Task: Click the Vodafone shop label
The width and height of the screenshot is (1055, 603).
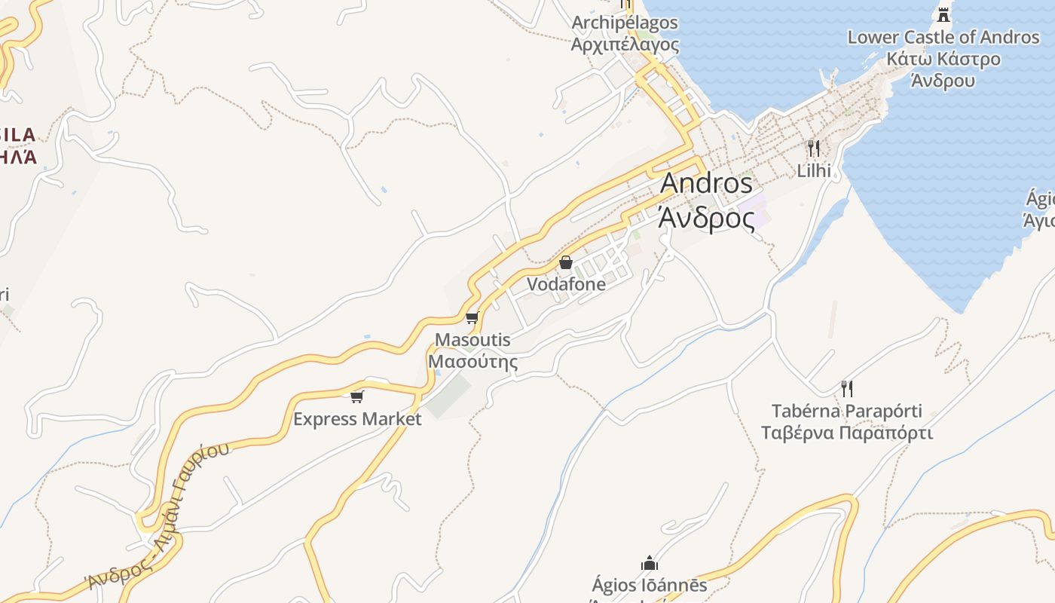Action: (x=566, y=284)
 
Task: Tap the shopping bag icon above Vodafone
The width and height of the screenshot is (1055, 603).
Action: (x=566, y=262)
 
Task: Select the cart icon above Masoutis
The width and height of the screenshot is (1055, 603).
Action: (x=472, y=317)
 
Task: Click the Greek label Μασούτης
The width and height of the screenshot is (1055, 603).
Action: (x=473, y=362)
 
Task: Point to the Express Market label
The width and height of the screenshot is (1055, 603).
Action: (x=357, y=419)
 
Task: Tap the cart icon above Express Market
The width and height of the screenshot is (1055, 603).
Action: (x=357, y=396)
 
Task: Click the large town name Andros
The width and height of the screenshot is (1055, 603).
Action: (x=706, y=183)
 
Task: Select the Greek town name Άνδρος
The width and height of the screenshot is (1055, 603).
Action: (x=706, y=218)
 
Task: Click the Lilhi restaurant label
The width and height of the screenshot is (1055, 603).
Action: (x=814, y=171)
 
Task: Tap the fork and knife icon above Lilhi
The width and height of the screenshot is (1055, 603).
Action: (x=813, y=148)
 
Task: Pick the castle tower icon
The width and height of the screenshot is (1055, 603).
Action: (x=943, y=14)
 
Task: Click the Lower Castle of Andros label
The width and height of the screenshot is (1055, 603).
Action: (x=943, y=37)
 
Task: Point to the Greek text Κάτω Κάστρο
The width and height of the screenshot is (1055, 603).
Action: (x=943, y=59)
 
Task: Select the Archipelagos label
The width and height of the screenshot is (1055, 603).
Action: (x=625, y=23)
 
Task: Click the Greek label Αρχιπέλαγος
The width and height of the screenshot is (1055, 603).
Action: (x=625, y=44)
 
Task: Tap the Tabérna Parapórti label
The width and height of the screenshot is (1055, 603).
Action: (x=847, y=412)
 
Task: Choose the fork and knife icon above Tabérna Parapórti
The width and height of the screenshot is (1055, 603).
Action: (x=847, y=389)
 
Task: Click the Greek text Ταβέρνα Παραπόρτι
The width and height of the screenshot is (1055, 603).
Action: (x=847, y=433)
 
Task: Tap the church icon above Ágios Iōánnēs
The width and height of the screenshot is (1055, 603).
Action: (x=650, y=563)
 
